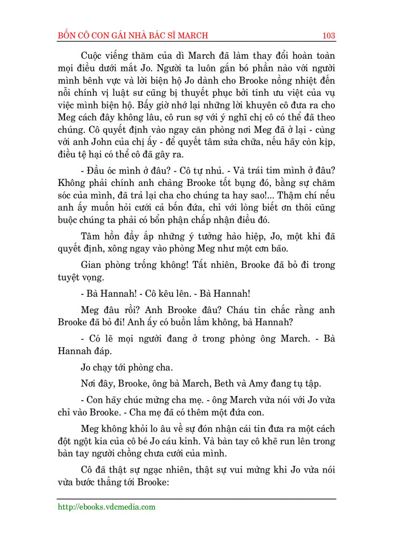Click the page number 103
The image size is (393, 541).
coord(329,36)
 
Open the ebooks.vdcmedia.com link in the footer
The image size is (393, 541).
coord(106,507)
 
